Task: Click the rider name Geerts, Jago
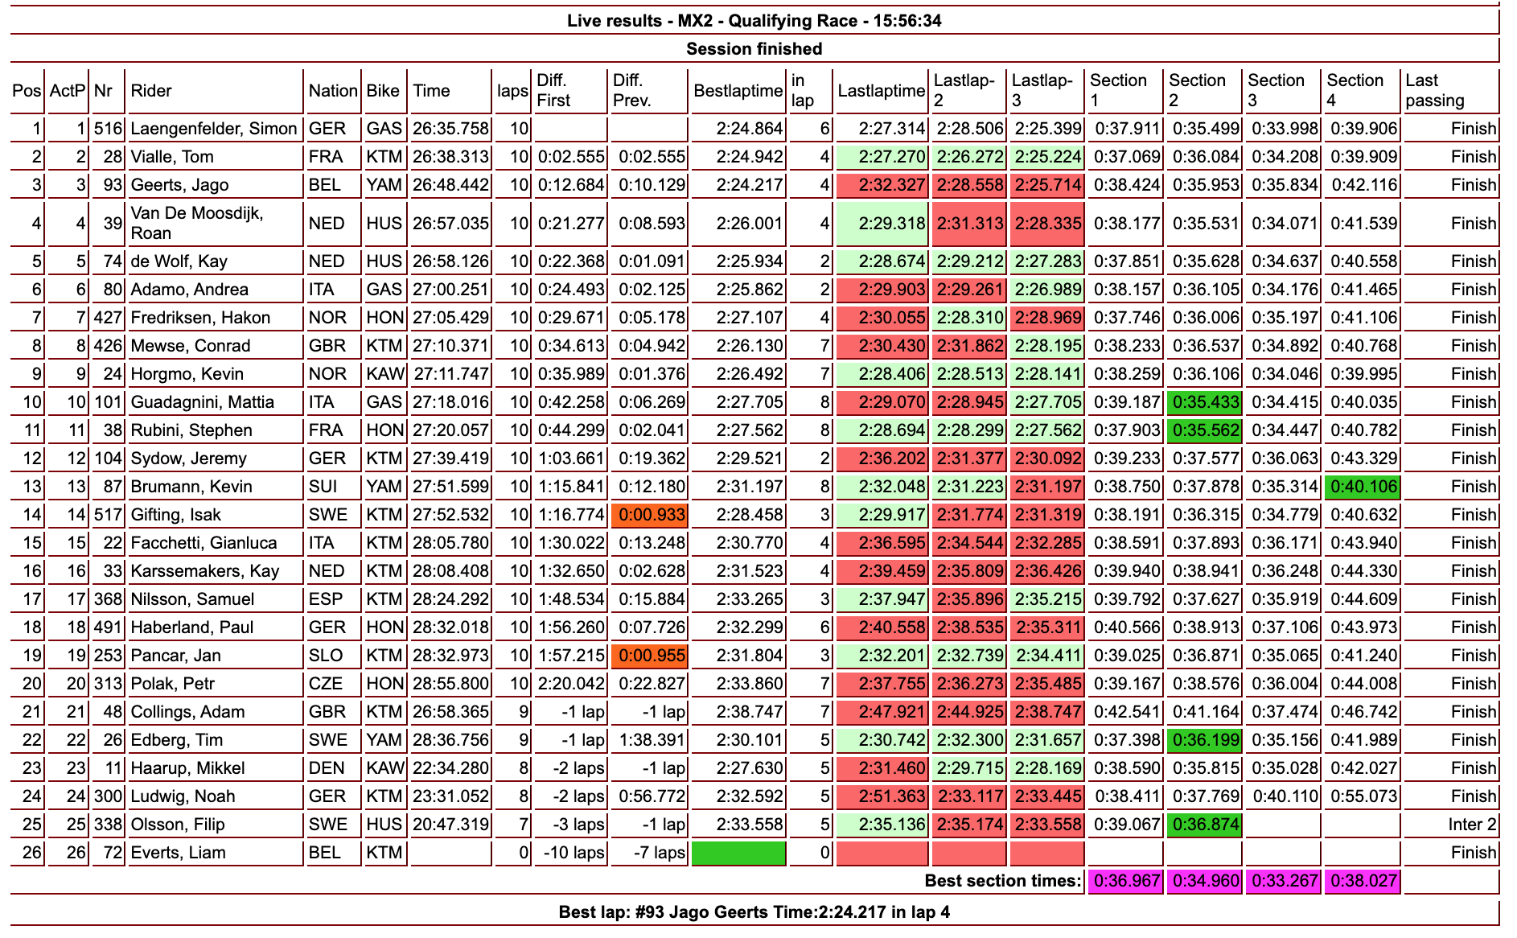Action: point(179,185)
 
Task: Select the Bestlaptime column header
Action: point(738,91)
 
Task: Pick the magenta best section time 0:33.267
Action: point(1283,881)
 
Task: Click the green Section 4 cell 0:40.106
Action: point(1363,487)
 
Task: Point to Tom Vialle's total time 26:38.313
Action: point(450,157)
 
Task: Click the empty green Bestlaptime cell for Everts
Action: point(738,853)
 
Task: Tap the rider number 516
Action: point(108,129)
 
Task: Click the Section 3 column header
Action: point(1276,90)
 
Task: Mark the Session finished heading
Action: point(754,49)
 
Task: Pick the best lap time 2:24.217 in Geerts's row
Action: point(750,185)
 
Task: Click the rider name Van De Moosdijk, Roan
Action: point(197,223)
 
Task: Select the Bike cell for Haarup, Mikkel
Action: point(384,768)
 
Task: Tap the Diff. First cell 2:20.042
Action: point(571,684)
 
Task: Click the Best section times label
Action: point(1002,881)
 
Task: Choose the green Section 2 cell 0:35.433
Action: point(1205,402)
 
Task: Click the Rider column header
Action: point(151,91)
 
